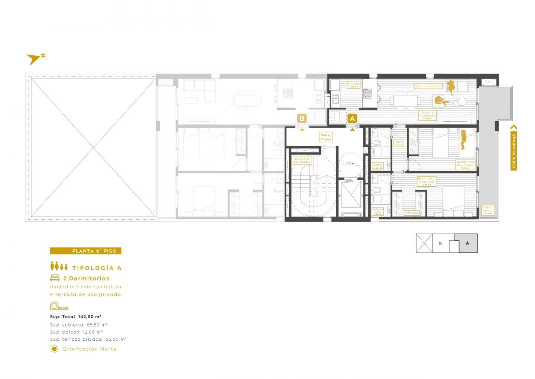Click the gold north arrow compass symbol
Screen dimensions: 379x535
(x=34, y=59)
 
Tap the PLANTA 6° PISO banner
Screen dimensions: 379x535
(x=85, y=251)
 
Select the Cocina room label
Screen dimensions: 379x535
(x=353, y=85)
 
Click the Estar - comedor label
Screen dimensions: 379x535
(x=428, y=86)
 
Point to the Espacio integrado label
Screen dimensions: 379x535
(x=427, y=115)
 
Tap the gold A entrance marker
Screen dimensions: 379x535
(x=352, y=119)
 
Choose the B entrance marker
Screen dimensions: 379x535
(x=302, y=119)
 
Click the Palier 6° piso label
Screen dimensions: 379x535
(x=326, y=137)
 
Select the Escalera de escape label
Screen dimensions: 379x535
(x=302, y=160)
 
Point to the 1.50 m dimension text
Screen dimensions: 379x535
(x=350, y=163)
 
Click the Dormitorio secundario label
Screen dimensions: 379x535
(x=465, y=165)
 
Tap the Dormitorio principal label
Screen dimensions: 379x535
(x=426, y=181)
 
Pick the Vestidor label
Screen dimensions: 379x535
(x=411, y=213)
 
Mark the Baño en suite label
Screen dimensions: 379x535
(x=377, y=212)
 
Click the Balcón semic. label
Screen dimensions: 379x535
(x=488, y=210)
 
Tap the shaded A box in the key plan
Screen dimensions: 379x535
(x=468, y=243)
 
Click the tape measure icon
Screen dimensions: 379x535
(x=59, y=306)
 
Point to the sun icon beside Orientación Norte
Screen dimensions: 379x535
(x=54, y=349)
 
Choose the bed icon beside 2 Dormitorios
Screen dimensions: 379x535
(x=55, y=278)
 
